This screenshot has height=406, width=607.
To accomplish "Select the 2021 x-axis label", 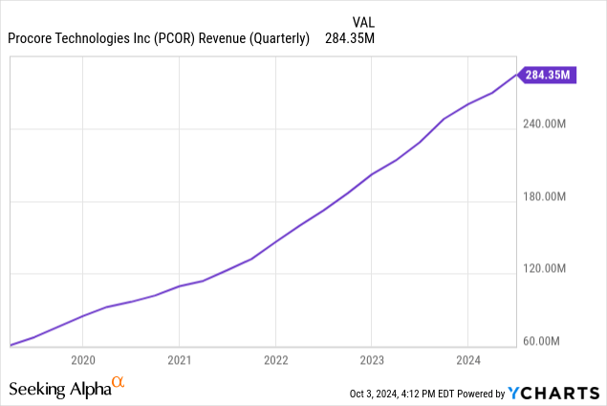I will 179,360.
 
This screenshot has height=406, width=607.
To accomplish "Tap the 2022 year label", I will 275,360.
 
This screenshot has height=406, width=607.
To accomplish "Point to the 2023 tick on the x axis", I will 371,360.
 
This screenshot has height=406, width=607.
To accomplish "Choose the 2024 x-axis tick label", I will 466,360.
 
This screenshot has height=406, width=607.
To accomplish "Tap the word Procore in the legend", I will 34,39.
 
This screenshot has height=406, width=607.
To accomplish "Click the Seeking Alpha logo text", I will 58,389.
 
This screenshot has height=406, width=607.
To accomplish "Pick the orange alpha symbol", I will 119,383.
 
